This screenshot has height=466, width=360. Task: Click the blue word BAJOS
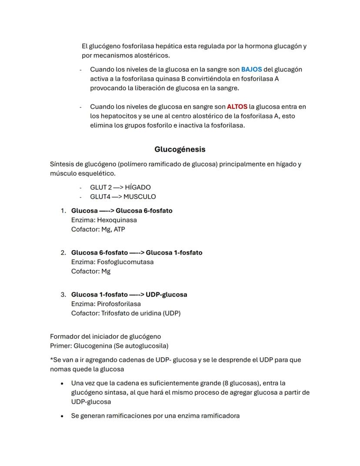[x=251, y=70]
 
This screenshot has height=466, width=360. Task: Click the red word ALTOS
[x=237, y=107]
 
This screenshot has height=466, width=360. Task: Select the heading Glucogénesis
[x=180, y=149]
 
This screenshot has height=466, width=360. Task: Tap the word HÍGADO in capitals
[x=138, y=187]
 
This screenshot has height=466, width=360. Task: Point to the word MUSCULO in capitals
[x=140, y=197]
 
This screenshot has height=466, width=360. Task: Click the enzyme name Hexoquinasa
[x=117, y=220]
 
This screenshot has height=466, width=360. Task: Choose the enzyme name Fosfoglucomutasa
[x=125, y=262]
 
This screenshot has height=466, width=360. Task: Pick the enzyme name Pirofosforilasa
[x=119, y=304]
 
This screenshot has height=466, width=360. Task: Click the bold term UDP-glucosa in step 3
[x=167, y=295]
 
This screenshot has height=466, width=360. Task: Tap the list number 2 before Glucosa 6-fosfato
[x=63, y=253]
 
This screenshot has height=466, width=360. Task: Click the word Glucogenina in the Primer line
[x=92, y=346]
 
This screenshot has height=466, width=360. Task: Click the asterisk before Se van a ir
[x=51, y=359]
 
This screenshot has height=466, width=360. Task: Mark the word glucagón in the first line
[x=288, y=46]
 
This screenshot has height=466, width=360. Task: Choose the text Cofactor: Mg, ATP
[x=98, y=229]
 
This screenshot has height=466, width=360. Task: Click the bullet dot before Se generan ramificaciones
[x=63, y=416]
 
